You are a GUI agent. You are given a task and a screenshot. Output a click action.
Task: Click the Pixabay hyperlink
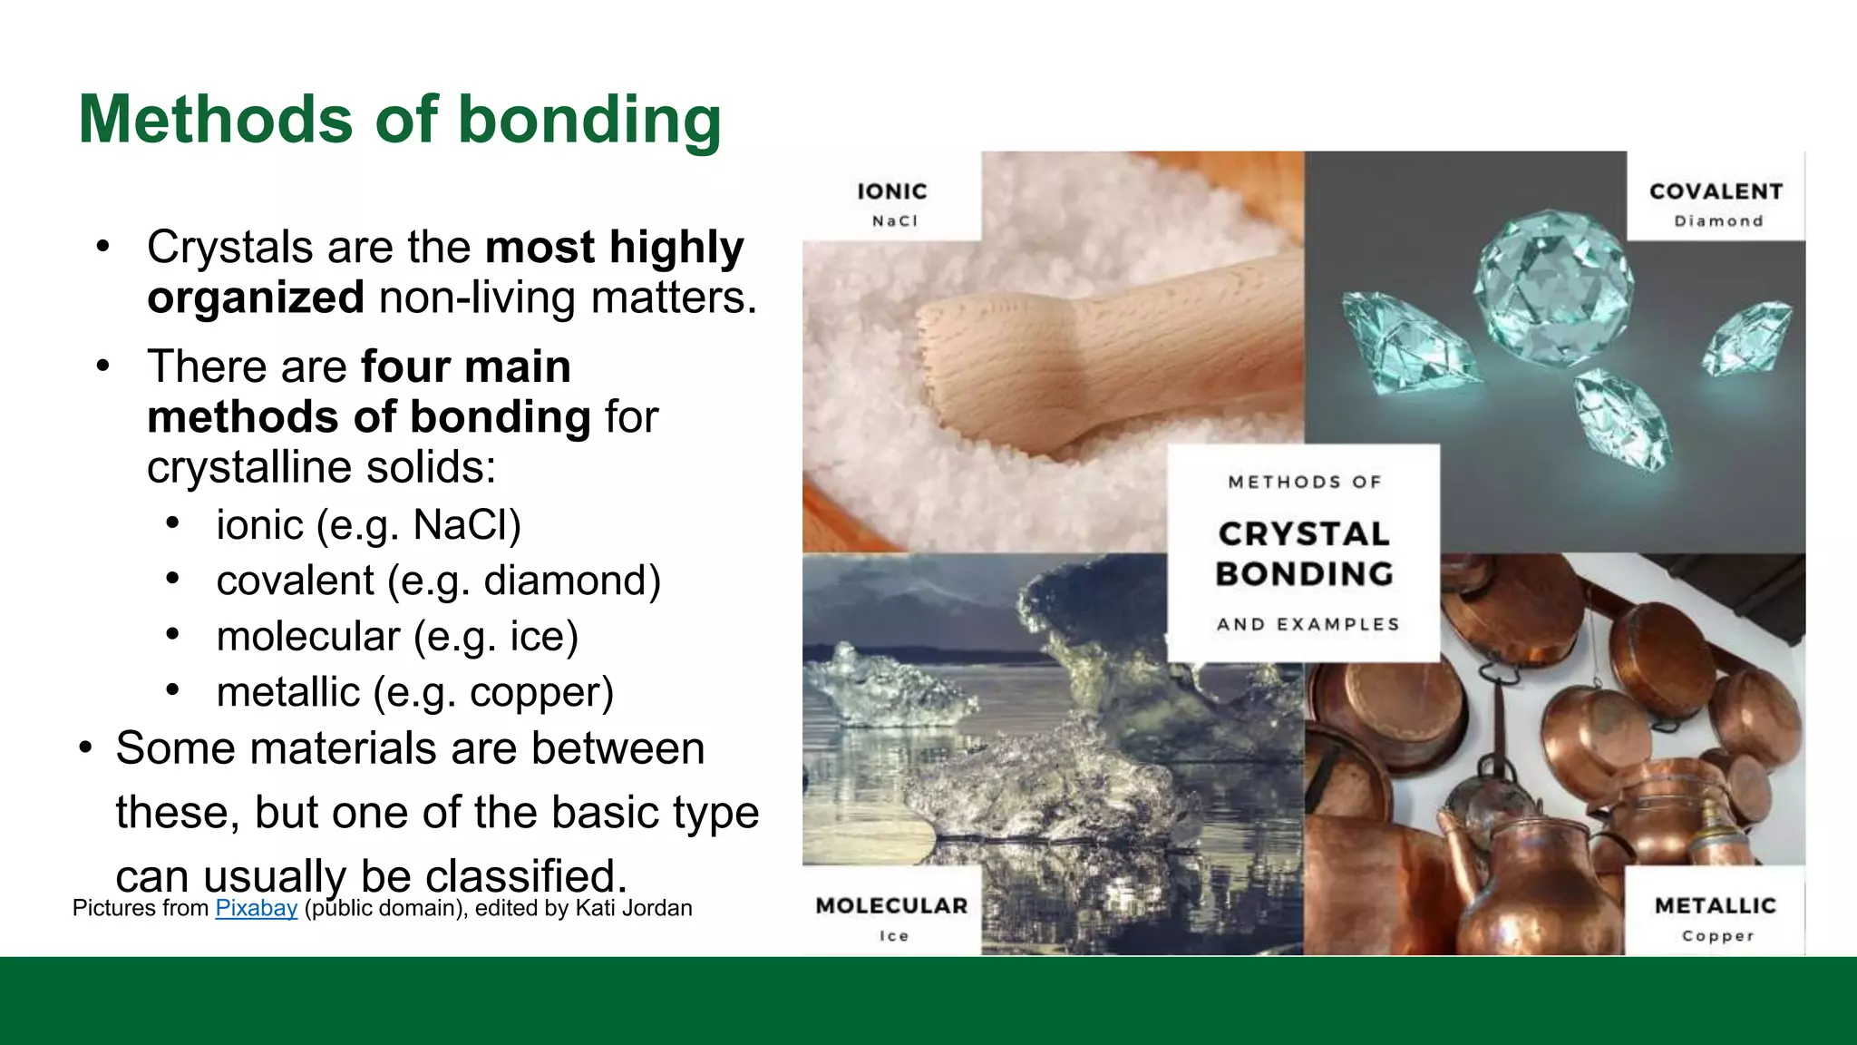click(256, 908)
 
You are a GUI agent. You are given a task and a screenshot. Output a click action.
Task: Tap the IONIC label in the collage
click(892, 191)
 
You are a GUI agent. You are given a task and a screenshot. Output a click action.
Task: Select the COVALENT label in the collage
click(1716, 191)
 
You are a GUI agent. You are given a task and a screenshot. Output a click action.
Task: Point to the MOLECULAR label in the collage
click(891, 905)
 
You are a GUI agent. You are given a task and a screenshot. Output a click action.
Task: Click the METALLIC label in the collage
click(1715, 905)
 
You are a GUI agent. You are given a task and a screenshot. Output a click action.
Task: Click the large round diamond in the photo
click(1552, 287)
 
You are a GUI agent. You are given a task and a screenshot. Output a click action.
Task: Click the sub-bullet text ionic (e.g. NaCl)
click(368, 525)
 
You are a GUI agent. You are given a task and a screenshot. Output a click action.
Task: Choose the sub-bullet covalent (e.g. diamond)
click(438, 581)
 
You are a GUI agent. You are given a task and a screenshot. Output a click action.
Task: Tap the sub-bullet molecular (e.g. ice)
click(397, 637)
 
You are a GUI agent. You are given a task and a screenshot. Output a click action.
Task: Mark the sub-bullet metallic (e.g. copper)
click(414, 693)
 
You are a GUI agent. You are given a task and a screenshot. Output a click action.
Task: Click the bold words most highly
click(614, 247)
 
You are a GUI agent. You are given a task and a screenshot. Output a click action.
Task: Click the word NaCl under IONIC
click(894, 221)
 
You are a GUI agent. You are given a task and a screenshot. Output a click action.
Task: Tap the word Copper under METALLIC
click(1717, 935)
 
